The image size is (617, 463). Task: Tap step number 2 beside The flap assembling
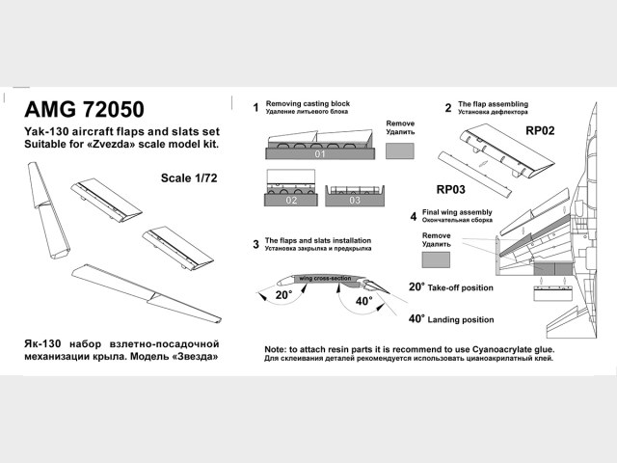tap(448, 107)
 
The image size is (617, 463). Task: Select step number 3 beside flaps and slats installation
tap(255, 244)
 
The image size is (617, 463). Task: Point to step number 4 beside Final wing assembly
tap(413, 216)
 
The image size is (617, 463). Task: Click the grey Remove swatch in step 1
tap(400, 152)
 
